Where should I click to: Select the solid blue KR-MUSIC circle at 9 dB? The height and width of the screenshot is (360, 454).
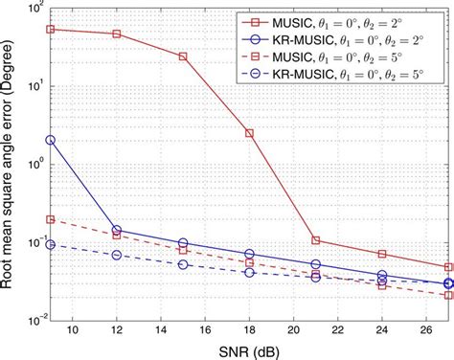50,140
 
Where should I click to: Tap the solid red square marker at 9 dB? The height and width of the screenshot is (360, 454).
50,29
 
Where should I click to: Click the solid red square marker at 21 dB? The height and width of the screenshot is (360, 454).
316,240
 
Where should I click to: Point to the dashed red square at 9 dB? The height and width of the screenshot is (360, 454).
50,219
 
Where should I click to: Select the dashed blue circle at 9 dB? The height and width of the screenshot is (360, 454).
50,244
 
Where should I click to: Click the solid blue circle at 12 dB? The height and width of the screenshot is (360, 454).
117,230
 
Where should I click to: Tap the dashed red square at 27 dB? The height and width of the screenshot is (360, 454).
448,295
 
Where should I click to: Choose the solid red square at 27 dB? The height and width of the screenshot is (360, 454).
448,267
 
